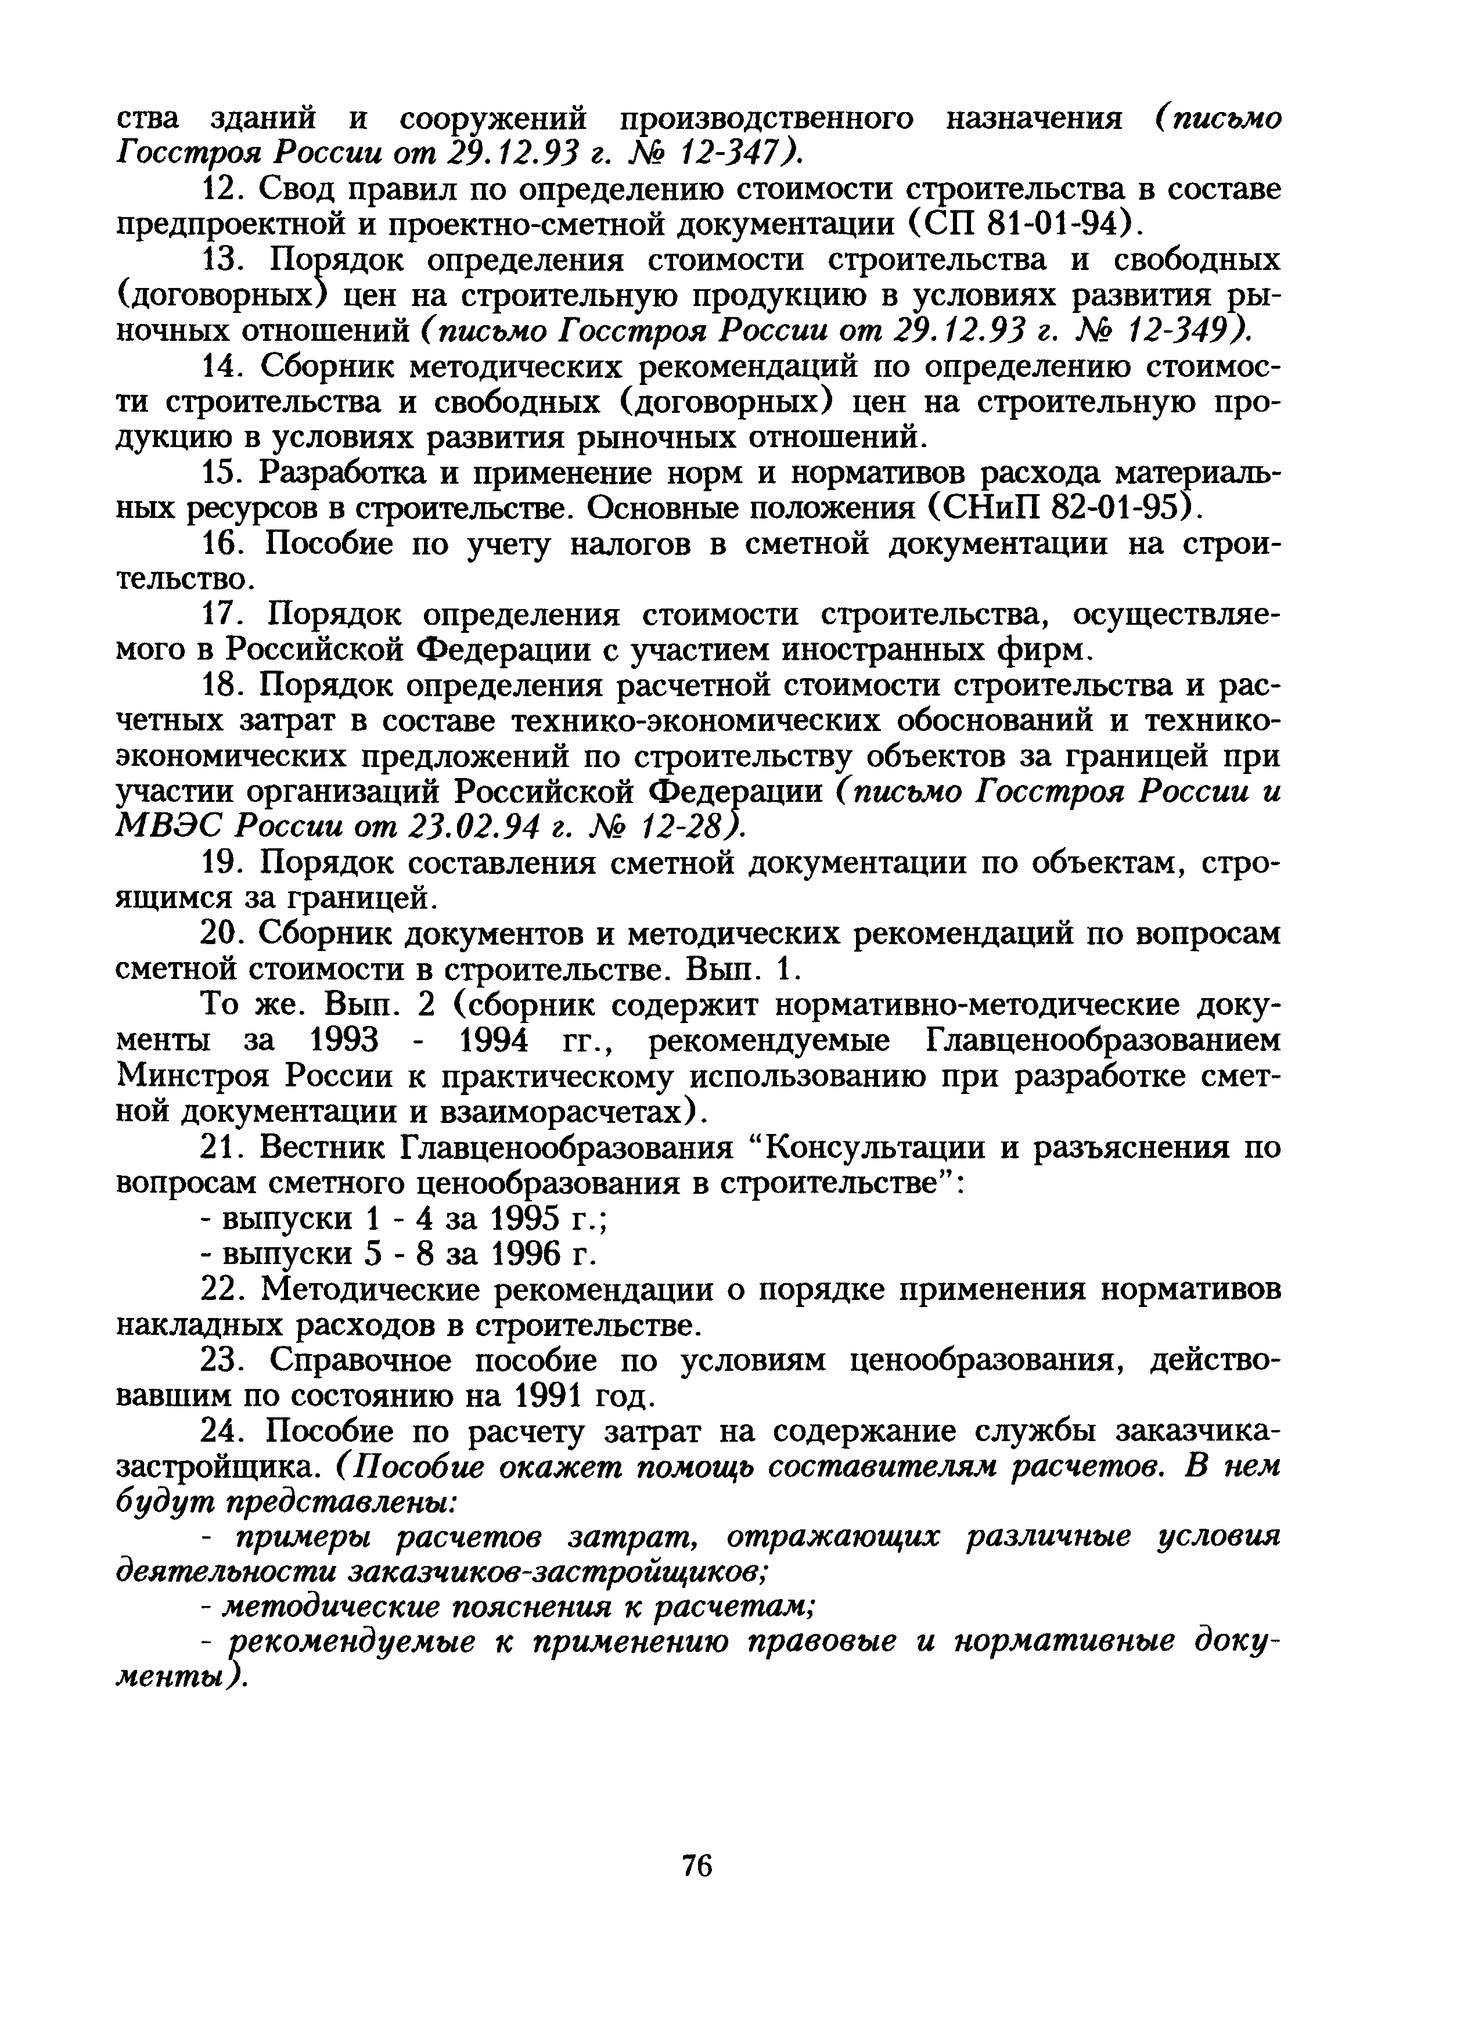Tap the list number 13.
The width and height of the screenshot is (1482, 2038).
[228, 261]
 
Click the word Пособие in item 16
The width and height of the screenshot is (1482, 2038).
[332, 545]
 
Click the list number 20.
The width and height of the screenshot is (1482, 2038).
[228, 935]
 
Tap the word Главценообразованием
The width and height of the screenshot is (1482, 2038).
[1101, 1042]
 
